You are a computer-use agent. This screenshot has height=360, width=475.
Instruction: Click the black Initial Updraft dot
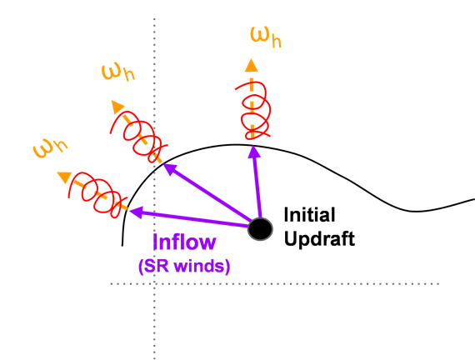coord(260,229)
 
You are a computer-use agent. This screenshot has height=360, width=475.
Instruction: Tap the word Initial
coord(309,215)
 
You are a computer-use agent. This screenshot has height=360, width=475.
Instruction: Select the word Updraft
coord(319,239)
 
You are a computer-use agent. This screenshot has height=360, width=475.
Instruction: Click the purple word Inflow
coord(184,242)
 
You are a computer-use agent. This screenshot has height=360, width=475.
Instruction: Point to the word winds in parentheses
coord(200,266)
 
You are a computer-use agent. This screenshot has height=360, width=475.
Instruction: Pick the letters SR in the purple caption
coord(157,266)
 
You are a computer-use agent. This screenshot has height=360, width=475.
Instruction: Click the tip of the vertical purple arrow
coord(253,147)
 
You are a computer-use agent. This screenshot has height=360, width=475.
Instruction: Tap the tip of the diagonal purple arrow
coord(164,164)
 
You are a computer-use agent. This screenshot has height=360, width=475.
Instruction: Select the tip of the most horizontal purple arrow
coord(129,211)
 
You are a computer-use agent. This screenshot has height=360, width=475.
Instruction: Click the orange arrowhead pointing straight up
coord(251,66)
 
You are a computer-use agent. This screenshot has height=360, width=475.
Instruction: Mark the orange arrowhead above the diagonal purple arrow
coord(117,107)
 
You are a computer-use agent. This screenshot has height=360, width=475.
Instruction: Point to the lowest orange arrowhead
coord(64,177)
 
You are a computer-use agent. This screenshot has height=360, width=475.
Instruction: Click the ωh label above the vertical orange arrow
coord(266,37)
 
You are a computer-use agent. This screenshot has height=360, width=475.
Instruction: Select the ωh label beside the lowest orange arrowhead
coord(50,148)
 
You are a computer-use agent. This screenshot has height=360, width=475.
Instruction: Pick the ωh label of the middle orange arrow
coord(117,72)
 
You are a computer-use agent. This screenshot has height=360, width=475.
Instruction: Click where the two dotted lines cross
coord(154,284)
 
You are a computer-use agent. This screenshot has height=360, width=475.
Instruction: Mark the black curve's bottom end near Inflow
coord(122,246)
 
